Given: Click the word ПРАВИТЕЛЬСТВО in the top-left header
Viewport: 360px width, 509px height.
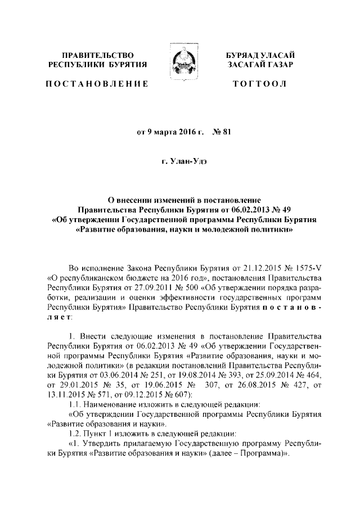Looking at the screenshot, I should [98, 55].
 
